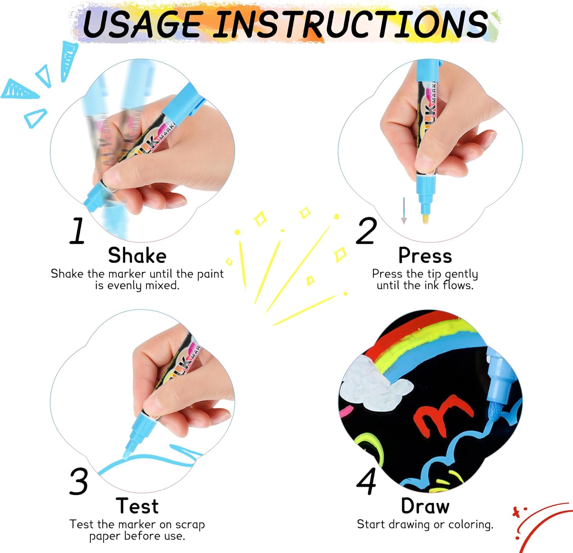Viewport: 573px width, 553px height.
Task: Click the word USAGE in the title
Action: (x=142, y=24)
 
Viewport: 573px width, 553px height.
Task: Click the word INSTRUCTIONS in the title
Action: (x=350, y=24)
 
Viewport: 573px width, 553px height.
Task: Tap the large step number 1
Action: (x=78, y=230)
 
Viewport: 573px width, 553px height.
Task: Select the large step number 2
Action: (x=366, y=230)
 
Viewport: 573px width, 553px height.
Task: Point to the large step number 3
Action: (x=79, y=481)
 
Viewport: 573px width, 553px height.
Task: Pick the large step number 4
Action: (x=366, y=481)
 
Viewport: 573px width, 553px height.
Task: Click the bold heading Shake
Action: (x=137, y=255)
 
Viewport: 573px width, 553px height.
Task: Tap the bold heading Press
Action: (x=425, y=255)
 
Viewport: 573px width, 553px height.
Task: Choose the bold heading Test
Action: (x=137, y=506)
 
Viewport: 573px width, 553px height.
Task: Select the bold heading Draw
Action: (x=425, y=506)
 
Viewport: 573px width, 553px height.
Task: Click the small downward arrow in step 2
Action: (x=404, y=211)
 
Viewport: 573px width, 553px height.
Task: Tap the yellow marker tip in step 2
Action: (x=425, y=219)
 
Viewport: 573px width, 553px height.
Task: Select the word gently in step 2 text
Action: (x=461, y=274)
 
